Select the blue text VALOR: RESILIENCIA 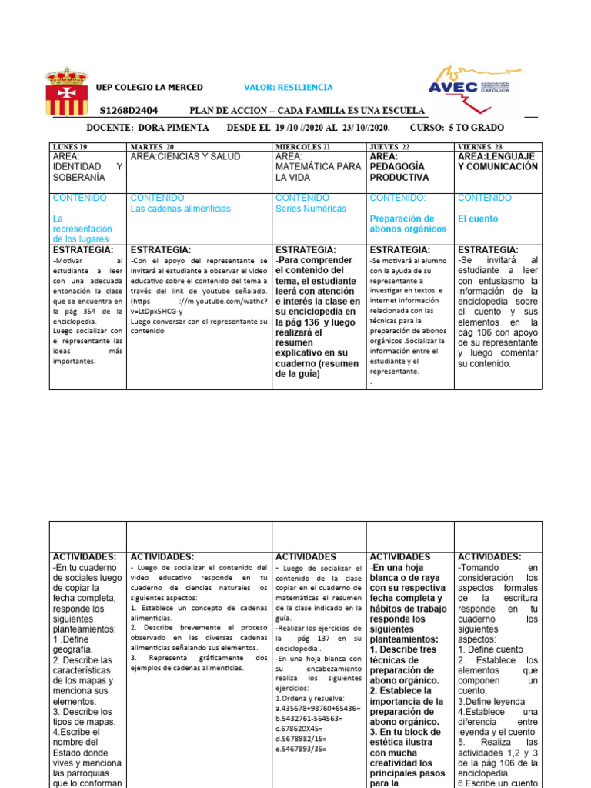click(288, 88)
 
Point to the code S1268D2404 click(129, 111)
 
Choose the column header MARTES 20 click(152, 146)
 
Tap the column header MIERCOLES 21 click(303, 146)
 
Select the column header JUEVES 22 click(389, 146)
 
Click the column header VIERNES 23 click(480, 146)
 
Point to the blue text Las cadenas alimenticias click(181, 209)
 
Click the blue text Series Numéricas click(311, 209)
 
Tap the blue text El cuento click(478, 219)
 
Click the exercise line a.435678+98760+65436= click(317, 707)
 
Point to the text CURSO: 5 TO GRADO click(457, 128)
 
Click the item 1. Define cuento click(490, 649)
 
